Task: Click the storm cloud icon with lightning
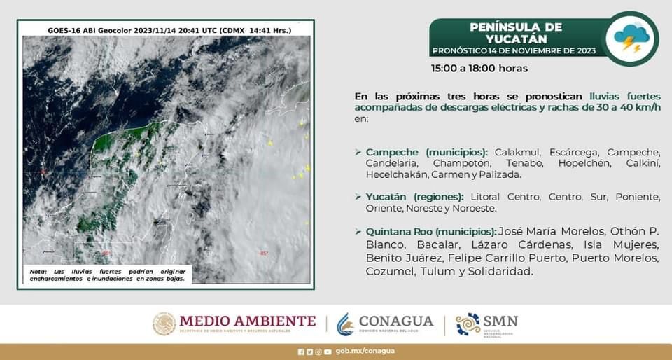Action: click(x=631, y=39)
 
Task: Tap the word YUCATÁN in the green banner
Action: click(x=510, y=39)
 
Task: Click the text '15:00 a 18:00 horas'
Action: click(x=479, y=69)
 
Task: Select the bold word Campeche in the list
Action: click(x=392, y=153)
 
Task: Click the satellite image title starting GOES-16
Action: click(x=169, y=30)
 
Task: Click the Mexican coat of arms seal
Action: click(x=164, y=324)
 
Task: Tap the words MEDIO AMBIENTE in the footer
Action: click(x=248, y=321)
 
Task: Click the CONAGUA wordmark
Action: click(x=396, y=321)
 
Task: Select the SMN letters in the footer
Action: click(x=500, y=321)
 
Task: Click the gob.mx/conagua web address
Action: click(x=365, y=351)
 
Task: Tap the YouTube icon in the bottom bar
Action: click(x=328, y=352)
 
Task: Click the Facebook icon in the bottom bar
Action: click(x=301, y=352)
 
